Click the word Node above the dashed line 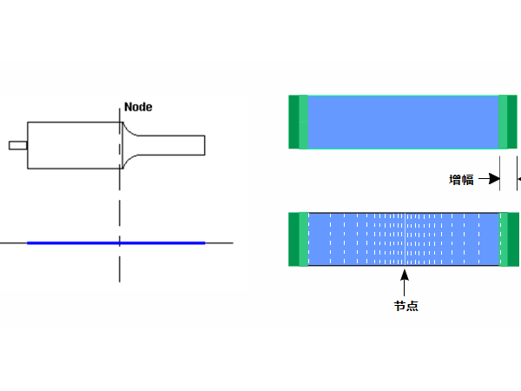point(138,107)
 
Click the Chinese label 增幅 point(461,180)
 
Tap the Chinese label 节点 point(406,306)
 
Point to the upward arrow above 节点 point(405,282)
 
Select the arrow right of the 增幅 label point(489,179)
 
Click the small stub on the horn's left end point(18,145)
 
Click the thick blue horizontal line point(116,243)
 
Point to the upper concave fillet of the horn point(128,131)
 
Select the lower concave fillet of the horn point(128,160)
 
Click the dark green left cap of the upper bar point(293,122)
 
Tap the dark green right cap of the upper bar point(512,122)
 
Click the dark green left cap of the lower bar point(293,240)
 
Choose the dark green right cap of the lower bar point(513,240)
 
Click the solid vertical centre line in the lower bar point(405,240)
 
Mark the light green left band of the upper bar point(304,122)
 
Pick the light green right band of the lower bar point(504,240)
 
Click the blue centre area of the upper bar point(404,122)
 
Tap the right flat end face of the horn point(205,145)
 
